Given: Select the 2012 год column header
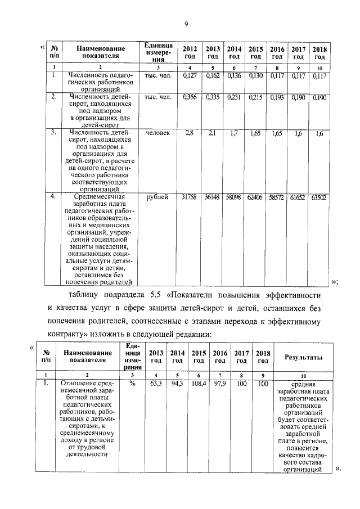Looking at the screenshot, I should (x=190, y=53).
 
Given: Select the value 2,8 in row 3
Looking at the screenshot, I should (x=190, y=134).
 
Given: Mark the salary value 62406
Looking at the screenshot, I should (x=255, y=197).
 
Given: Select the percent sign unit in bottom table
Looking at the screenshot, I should (x=133, y=384).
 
